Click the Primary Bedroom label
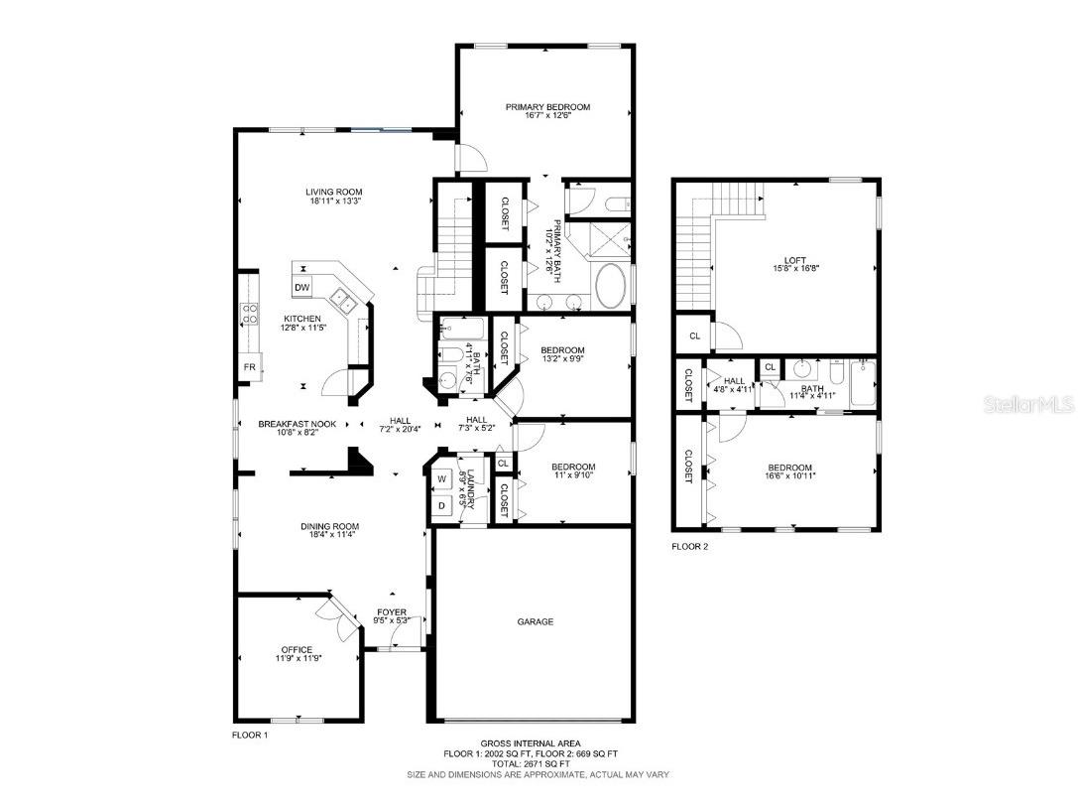547,107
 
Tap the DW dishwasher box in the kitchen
302,288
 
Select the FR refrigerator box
250,367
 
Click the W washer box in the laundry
442,479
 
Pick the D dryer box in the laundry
442,505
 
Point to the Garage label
535,622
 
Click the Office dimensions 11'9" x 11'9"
298,658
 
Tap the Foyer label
391,611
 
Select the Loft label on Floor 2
795,260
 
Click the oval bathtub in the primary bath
610,287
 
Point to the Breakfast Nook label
297,424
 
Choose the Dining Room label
330,526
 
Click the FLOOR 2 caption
691,546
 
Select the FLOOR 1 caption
249,736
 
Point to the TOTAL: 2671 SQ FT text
531,763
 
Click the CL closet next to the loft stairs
694,337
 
